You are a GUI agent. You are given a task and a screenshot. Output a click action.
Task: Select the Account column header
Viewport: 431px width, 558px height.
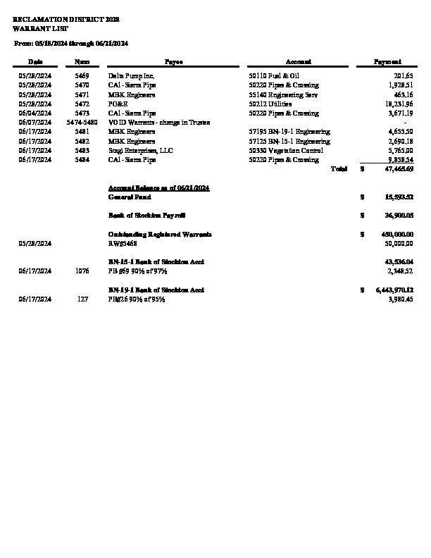(x=294, y=62)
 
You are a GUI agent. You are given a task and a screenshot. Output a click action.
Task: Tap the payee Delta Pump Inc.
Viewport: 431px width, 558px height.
(x=132, y=75)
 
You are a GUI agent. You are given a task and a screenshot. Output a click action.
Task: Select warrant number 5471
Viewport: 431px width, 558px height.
(x=82, y=94)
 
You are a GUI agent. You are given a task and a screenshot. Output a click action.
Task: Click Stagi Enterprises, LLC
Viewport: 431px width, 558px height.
(x=138, y=150)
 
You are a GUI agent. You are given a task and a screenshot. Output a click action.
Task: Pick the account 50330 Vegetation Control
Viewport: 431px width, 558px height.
(x=286, y=150)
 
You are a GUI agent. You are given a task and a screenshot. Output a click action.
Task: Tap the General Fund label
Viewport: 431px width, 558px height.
(x=129, y=197)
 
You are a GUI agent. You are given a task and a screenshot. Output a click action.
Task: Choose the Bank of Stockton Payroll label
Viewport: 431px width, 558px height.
(x=146, y=214)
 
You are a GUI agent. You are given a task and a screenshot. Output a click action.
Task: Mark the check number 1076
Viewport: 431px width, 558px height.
(x=82, y=271)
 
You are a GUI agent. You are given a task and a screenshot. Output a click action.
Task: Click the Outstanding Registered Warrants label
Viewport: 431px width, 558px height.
(x=160, y=234)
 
